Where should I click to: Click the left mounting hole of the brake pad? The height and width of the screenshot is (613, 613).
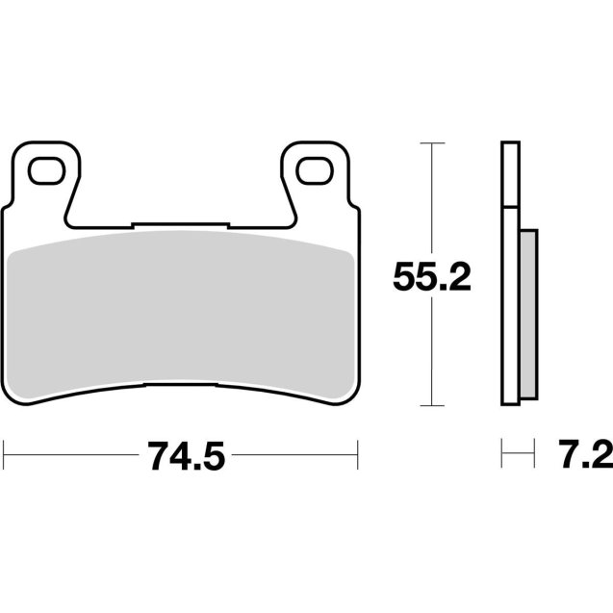pyautogui.click(x=44, y=171)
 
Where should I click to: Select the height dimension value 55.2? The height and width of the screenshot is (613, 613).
pyautogui.click(x=430, y=278)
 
